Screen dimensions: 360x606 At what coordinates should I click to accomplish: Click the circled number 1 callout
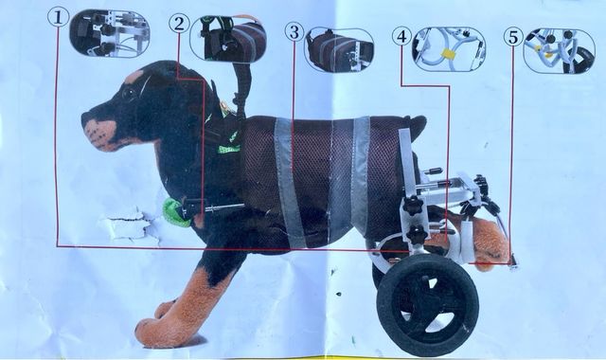pyautogui.click(x=59, y=17)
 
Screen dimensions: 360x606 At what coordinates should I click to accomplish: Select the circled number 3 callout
pyautogui.click(x=294, y=32)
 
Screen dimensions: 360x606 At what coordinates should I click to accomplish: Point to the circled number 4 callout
pyautogui.click(x=401, y=36)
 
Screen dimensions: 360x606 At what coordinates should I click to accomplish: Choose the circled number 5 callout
pyautogui.click(x=513, y=37)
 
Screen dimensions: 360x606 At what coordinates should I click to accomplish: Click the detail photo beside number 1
pyautogui.click(x=109, y=34)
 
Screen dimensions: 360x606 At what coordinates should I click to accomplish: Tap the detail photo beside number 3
pyautogui.click(x=339, y=50)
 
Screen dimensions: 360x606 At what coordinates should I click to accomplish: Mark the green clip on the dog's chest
pyautogui.click(x=175, y=210)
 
